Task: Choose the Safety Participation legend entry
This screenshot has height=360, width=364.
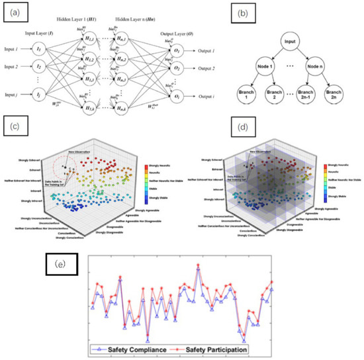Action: [x=214, y=346]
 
